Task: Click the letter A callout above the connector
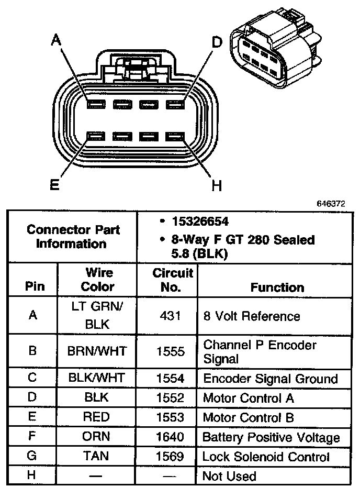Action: (56, 39)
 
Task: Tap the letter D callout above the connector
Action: (217, 42)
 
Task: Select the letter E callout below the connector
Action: (54, 184)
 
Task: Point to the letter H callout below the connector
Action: (217, 185)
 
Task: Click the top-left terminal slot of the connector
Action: (96, 104)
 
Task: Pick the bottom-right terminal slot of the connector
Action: (175, 136)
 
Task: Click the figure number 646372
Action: (331, 203)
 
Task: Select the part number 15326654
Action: (200, 222)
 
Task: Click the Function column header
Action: (277, 287)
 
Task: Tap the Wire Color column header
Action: (98, 279)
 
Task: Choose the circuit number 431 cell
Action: (170, 316)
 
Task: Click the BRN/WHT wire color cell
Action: (97, 351)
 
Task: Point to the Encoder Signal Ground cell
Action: (271, 379)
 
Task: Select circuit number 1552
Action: (170, 398)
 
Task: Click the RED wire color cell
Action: (96, 417)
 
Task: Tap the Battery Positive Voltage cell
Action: (271, 437)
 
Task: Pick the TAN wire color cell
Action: (96, 456)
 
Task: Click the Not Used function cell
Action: (229, 476)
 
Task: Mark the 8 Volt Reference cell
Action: (252, 316)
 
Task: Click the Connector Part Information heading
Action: (73, 237)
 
